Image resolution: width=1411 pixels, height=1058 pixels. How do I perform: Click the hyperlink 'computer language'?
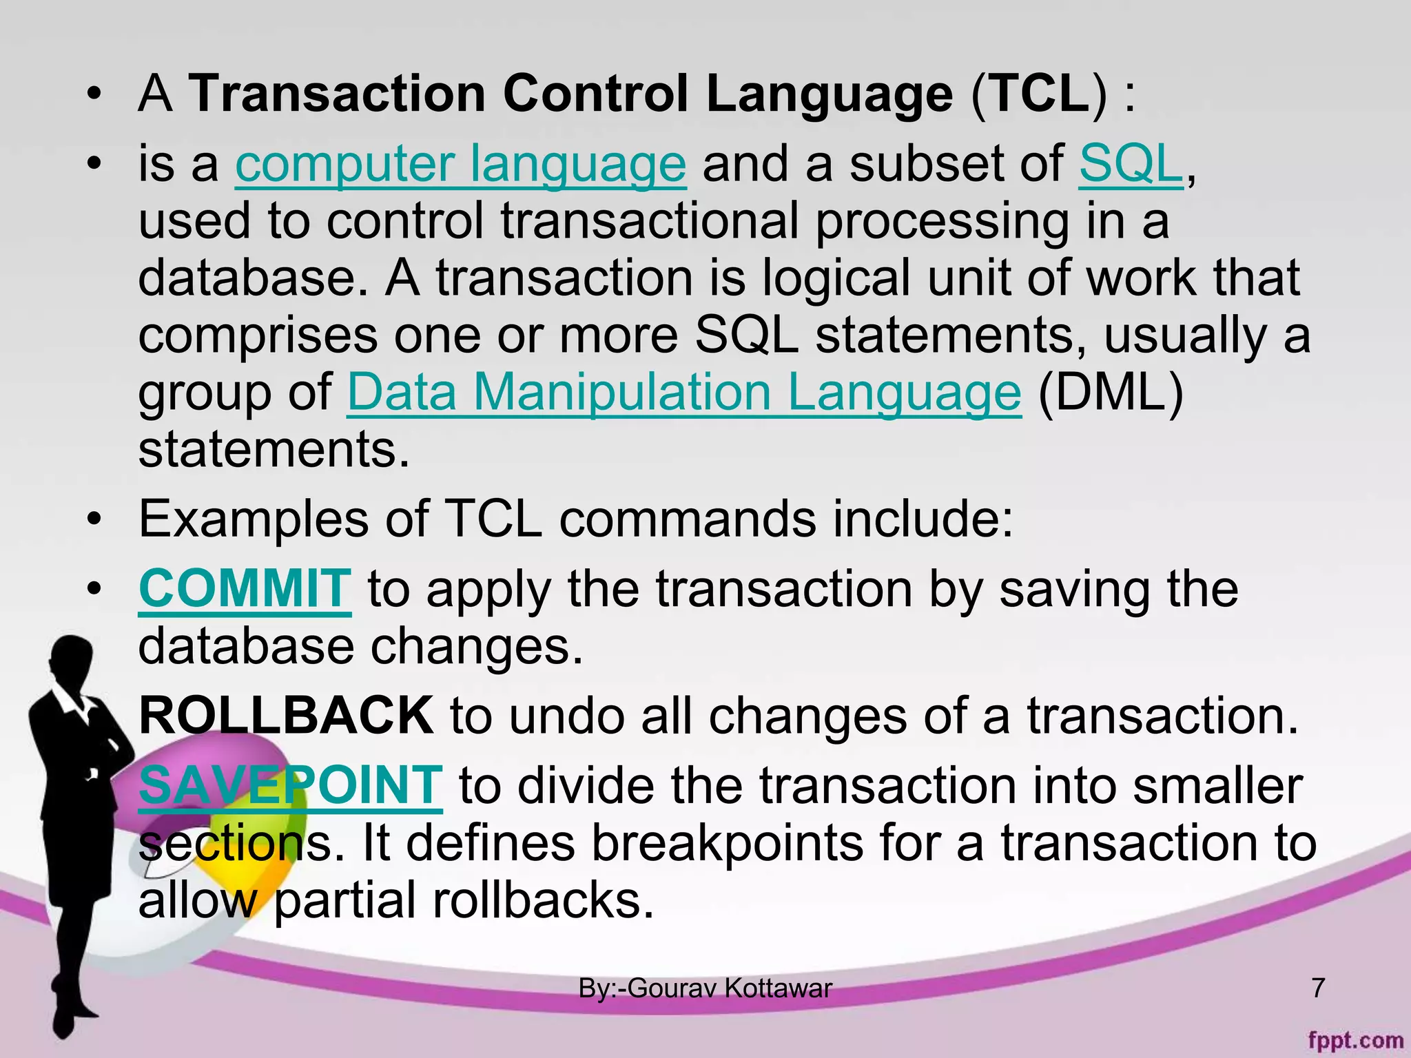pyautogui.click(x=460, y=165)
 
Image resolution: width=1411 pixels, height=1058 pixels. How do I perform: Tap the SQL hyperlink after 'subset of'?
pyautogui.click(x=1130, y=165)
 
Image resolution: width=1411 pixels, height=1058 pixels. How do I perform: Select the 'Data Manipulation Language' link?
pyautogui.click(x=683, y=393)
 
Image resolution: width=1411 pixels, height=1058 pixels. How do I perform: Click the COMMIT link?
pyautogui.click(x=245, y=590)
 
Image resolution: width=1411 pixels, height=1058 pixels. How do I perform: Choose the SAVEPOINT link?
pyautogui.click(x=290, y=785)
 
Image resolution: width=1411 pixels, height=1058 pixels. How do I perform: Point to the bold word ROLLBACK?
pyautogui.click(x=286, y=716)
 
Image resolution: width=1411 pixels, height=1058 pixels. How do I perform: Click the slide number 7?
pyautogui.click(x=1317, y=988)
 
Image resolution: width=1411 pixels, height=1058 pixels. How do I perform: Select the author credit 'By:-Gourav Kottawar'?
pyautogui.click(x=705, y=988)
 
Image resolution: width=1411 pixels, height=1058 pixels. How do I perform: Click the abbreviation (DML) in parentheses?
pyautogui.click(x=1111, y=393)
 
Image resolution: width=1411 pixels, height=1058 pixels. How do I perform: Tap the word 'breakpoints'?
pyautogui.click(x=727, y=844)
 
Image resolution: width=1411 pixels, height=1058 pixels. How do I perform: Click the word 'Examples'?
pyautogui.click(x=254, y=519)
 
